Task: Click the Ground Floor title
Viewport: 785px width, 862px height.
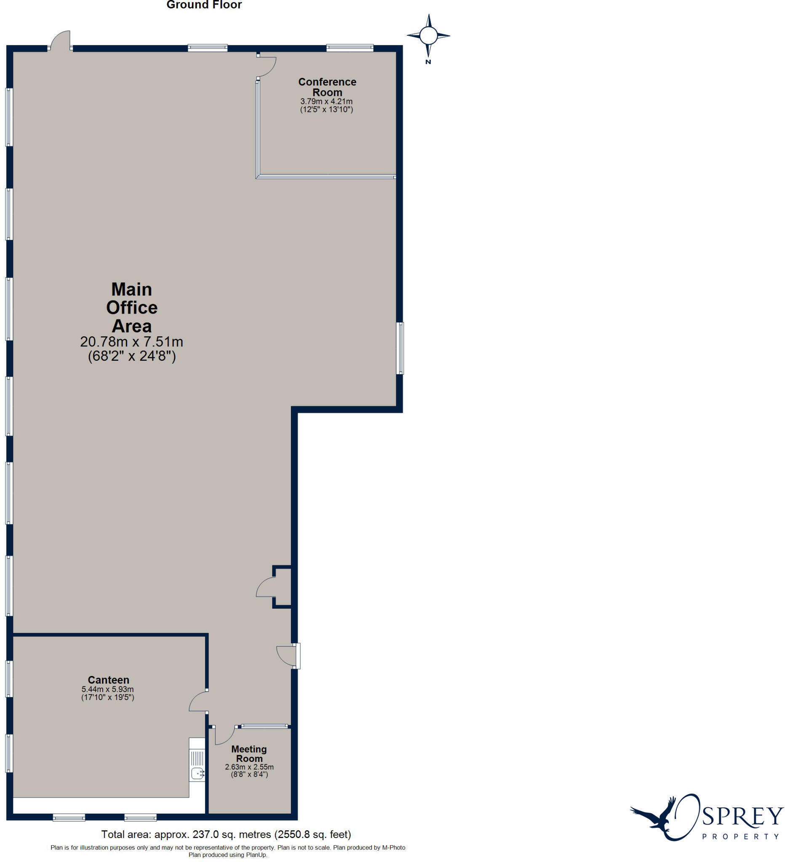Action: coord(204,5)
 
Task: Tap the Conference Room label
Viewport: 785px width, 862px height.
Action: coord(327,87)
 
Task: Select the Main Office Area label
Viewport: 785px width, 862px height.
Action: coord(132,307)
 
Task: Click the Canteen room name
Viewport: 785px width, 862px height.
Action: coord(108,680)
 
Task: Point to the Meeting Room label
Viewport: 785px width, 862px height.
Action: coord(249,754)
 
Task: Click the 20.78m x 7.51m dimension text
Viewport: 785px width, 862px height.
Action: coord(132,342)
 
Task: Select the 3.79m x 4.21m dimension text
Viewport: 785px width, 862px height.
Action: coord(326,102)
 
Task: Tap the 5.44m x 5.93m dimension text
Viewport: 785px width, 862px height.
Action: coord(108,689)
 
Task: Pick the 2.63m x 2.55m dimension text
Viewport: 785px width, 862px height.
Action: coord(249,767)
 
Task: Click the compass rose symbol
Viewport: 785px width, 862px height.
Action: coord(428,35)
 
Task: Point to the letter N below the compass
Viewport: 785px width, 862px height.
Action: coord(428,62)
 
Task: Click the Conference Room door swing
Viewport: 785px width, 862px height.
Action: coord(267,66)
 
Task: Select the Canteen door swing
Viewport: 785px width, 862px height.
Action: coord(198,702)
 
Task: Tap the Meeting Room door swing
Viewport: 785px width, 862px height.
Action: coord(224,734)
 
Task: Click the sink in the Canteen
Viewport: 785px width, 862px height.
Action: coord(197,773)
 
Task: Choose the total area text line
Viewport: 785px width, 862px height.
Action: coord(226,834)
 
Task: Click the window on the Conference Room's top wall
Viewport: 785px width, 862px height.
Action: coord(350,48)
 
